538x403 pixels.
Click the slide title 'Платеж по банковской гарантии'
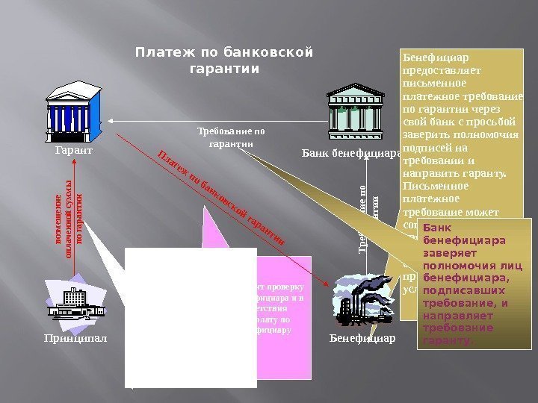[223, 60]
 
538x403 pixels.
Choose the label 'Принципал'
[75, 337]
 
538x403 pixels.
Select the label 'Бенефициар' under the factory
[362, 337]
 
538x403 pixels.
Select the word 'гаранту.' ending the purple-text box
[448, 340]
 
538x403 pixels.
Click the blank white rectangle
[191, 317]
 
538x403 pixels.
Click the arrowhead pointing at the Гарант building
[110, 120]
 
